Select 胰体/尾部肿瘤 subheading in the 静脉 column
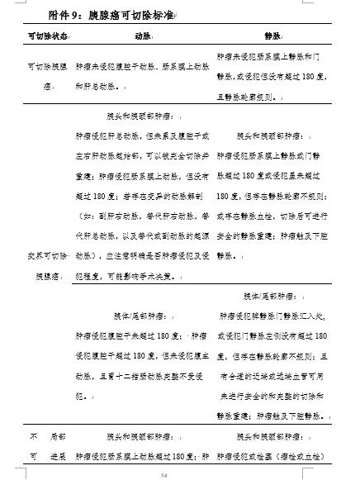(x=272, y=296)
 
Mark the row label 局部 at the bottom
(x=57, y=435)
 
